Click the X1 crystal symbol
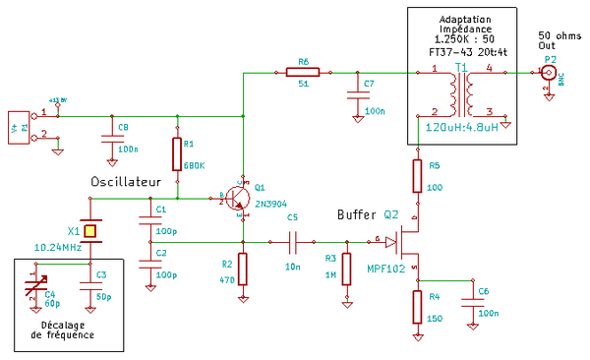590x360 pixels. (x=89, y=231)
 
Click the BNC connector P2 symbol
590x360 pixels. (x=549, y=73)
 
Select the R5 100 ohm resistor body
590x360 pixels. (x=417, y=176)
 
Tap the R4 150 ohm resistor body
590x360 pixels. (x=417, y=306)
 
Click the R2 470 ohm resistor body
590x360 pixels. (x=243, y=269)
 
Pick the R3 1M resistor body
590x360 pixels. (x=346, y=269)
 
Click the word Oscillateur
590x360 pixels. (x=125, y=183)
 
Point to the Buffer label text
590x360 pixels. (x=356, y=214)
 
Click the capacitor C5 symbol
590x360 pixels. (x=292, y=239)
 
